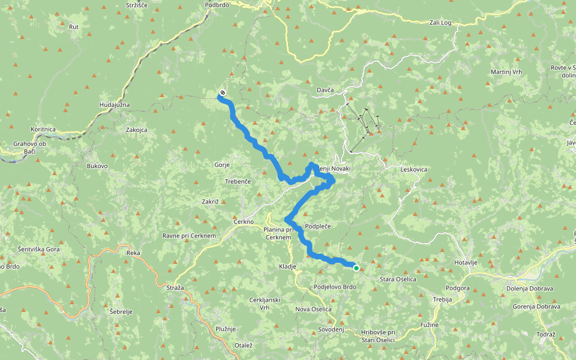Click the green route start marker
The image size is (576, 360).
point(356,268)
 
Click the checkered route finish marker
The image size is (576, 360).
point(223,92)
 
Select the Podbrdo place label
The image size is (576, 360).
point(217,4)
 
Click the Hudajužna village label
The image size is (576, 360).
point(115,105)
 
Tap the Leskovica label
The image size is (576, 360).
point(414,170)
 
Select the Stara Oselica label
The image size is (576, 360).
point(398,279)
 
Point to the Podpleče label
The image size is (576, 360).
point(318,226)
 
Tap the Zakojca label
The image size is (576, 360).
point(136,130)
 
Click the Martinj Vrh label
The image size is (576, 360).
point(507,72)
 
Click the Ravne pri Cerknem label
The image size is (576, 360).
point(189,236)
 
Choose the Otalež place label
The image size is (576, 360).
point(243,345)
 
